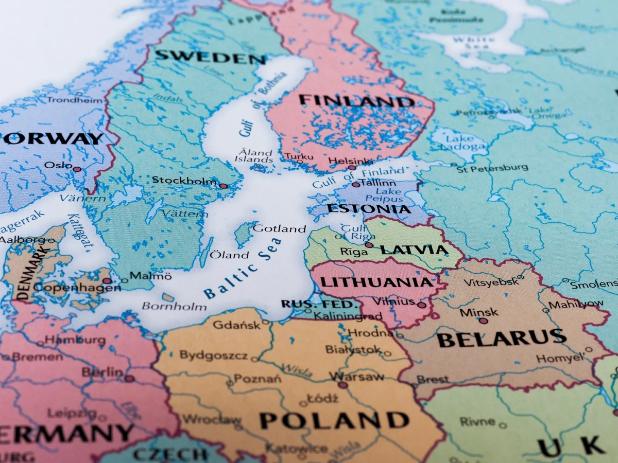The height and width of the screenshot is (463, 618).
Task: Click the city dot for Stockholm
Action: pyautogui.click(x=223, y=186)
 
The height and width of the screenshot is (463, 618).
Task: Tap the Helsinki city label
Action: pyautogui.click(x=351, y=161)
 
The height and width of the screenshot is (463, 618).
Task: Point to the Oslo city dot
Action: pyautogui.click(x=77, y=169)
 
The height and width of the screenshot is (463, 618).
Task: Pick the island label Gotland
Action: pyautogui.click(x=279, y=228)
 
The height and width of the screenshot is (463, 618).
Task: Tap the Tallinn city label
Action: pyautogui.click(x=379, y=183)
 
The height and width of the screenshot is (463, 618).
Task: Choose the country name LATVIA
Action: pyautogui.click(x=414, y=250)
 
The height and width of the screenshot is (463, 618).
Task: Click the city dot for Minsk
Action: pyautogui.click(x=483, y=320)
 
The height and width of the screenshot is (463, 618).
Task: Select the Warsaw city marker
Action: pyautogui.click(x=342, y=384)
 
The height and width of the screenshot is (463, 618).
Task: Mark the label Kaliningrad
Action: pyautogui.click(x=348, y=315)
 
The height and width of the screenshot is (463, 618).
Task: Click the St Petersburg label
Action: pyautogui.click(x=492, y=168)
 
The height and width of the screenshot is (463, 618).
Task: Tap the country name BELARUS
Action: pyautogui.click(x=502, y=339)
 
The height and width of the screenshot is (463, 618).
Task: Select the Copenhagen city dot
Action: pyautogui.click(x=106, y=281)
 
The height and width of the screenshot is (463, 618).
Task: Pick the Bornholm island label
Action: pyautogui.click(x=174, y=307)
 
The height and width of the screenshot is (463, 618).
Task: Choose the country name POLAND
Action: pyautogui.click(x=334, y=420)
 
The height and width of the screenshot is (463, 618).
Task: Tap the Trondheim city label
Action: pyautogui.click(x=75, y=100)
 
